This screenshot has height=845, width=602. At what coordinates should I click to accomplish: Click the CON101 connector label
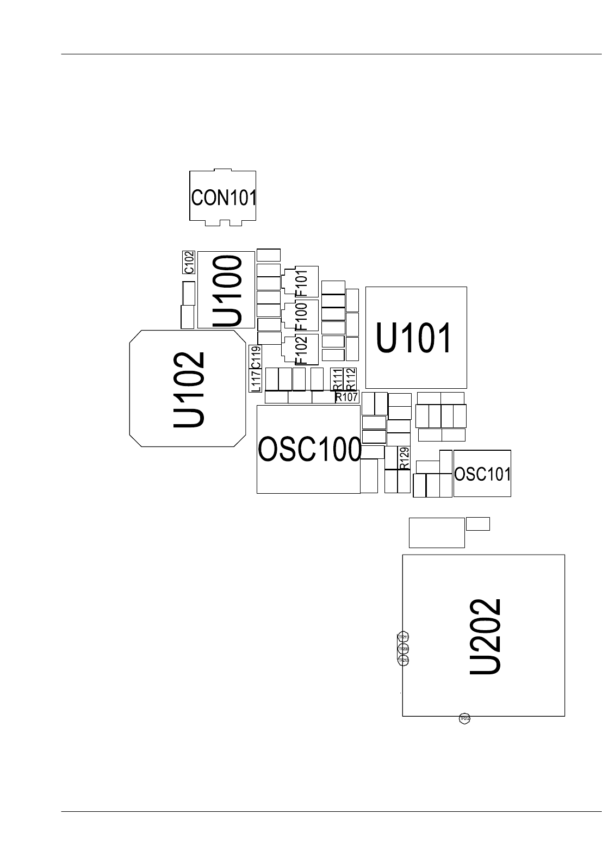tap(223, 197)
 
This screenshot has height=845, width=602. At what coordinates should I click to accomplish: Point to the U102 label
tap(189, 389)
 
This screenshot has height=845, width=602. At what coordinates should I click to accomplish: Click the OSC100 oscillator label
tap(309, 450)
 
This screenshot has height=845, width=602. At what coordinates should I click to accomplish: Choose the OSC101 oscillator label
tap(482, 474)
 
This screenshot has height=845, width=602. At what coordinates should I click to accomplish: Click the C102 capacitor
tap(188, 262)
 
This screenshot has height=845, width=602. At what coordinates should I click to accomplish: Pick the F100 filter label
tap(301, 316)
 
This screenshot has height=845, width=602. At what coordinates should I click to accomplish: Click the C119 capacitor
tap(256, 357)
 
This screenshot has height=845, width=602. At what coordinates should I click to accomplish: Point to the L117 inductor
tap(256, 380)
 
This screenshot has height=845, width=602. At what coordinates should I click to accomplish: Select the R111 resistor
tap(337, 379)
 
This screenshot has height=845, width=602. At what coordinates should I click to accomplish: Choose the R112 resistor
tap(350, 379)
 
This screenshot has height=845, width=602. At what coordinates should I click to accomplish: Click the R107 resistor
tap(346, 397)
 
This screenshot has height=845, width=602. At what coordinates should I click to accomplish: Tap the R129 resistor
tap(404, 458)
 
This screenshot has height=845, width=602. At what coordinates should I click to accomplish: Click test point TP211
tap(404, 637)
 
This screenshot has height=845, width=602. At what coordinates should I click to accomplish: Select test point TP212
tap(464, 719)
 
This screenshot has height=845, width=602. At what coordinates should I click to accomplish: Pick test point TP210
tap(404, 661)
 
